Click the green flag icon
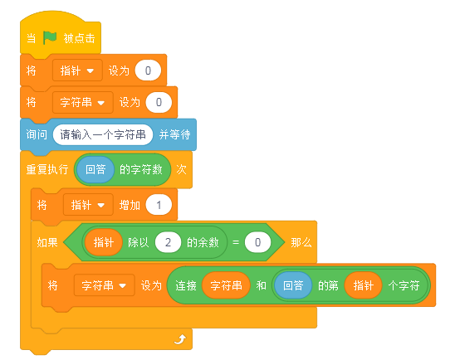(49, 38)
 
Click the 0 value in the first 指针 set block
(148, 71)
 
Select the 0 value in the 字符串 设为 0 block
(159, 102)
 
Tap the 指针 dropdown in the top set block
(77, 71)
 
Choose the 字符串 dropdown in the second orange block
(83, 102)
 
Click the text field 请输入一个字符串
(102, 134)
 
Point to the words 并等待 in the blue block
(175, 134)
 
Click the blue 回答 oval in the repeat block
(95, 170)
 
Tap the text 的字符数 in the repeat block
(141, 170)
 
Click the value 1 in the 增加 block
(159, 205)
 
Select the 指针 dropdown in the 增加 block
(88, 205)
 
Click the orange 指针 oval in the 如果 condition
(104, 242)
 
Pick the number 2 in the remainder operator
(168, 242)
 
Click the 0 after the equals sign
(257, 242)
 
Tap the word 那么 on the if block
(301, 243)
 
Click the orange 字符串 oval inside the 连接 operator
(226, 285)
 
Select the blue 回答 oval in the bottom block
(293, 285)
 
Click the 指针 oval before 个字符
(363, 285)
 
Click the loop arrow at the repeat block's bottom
(180, 339)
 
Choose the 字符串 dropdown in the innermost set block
(104, 285)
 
